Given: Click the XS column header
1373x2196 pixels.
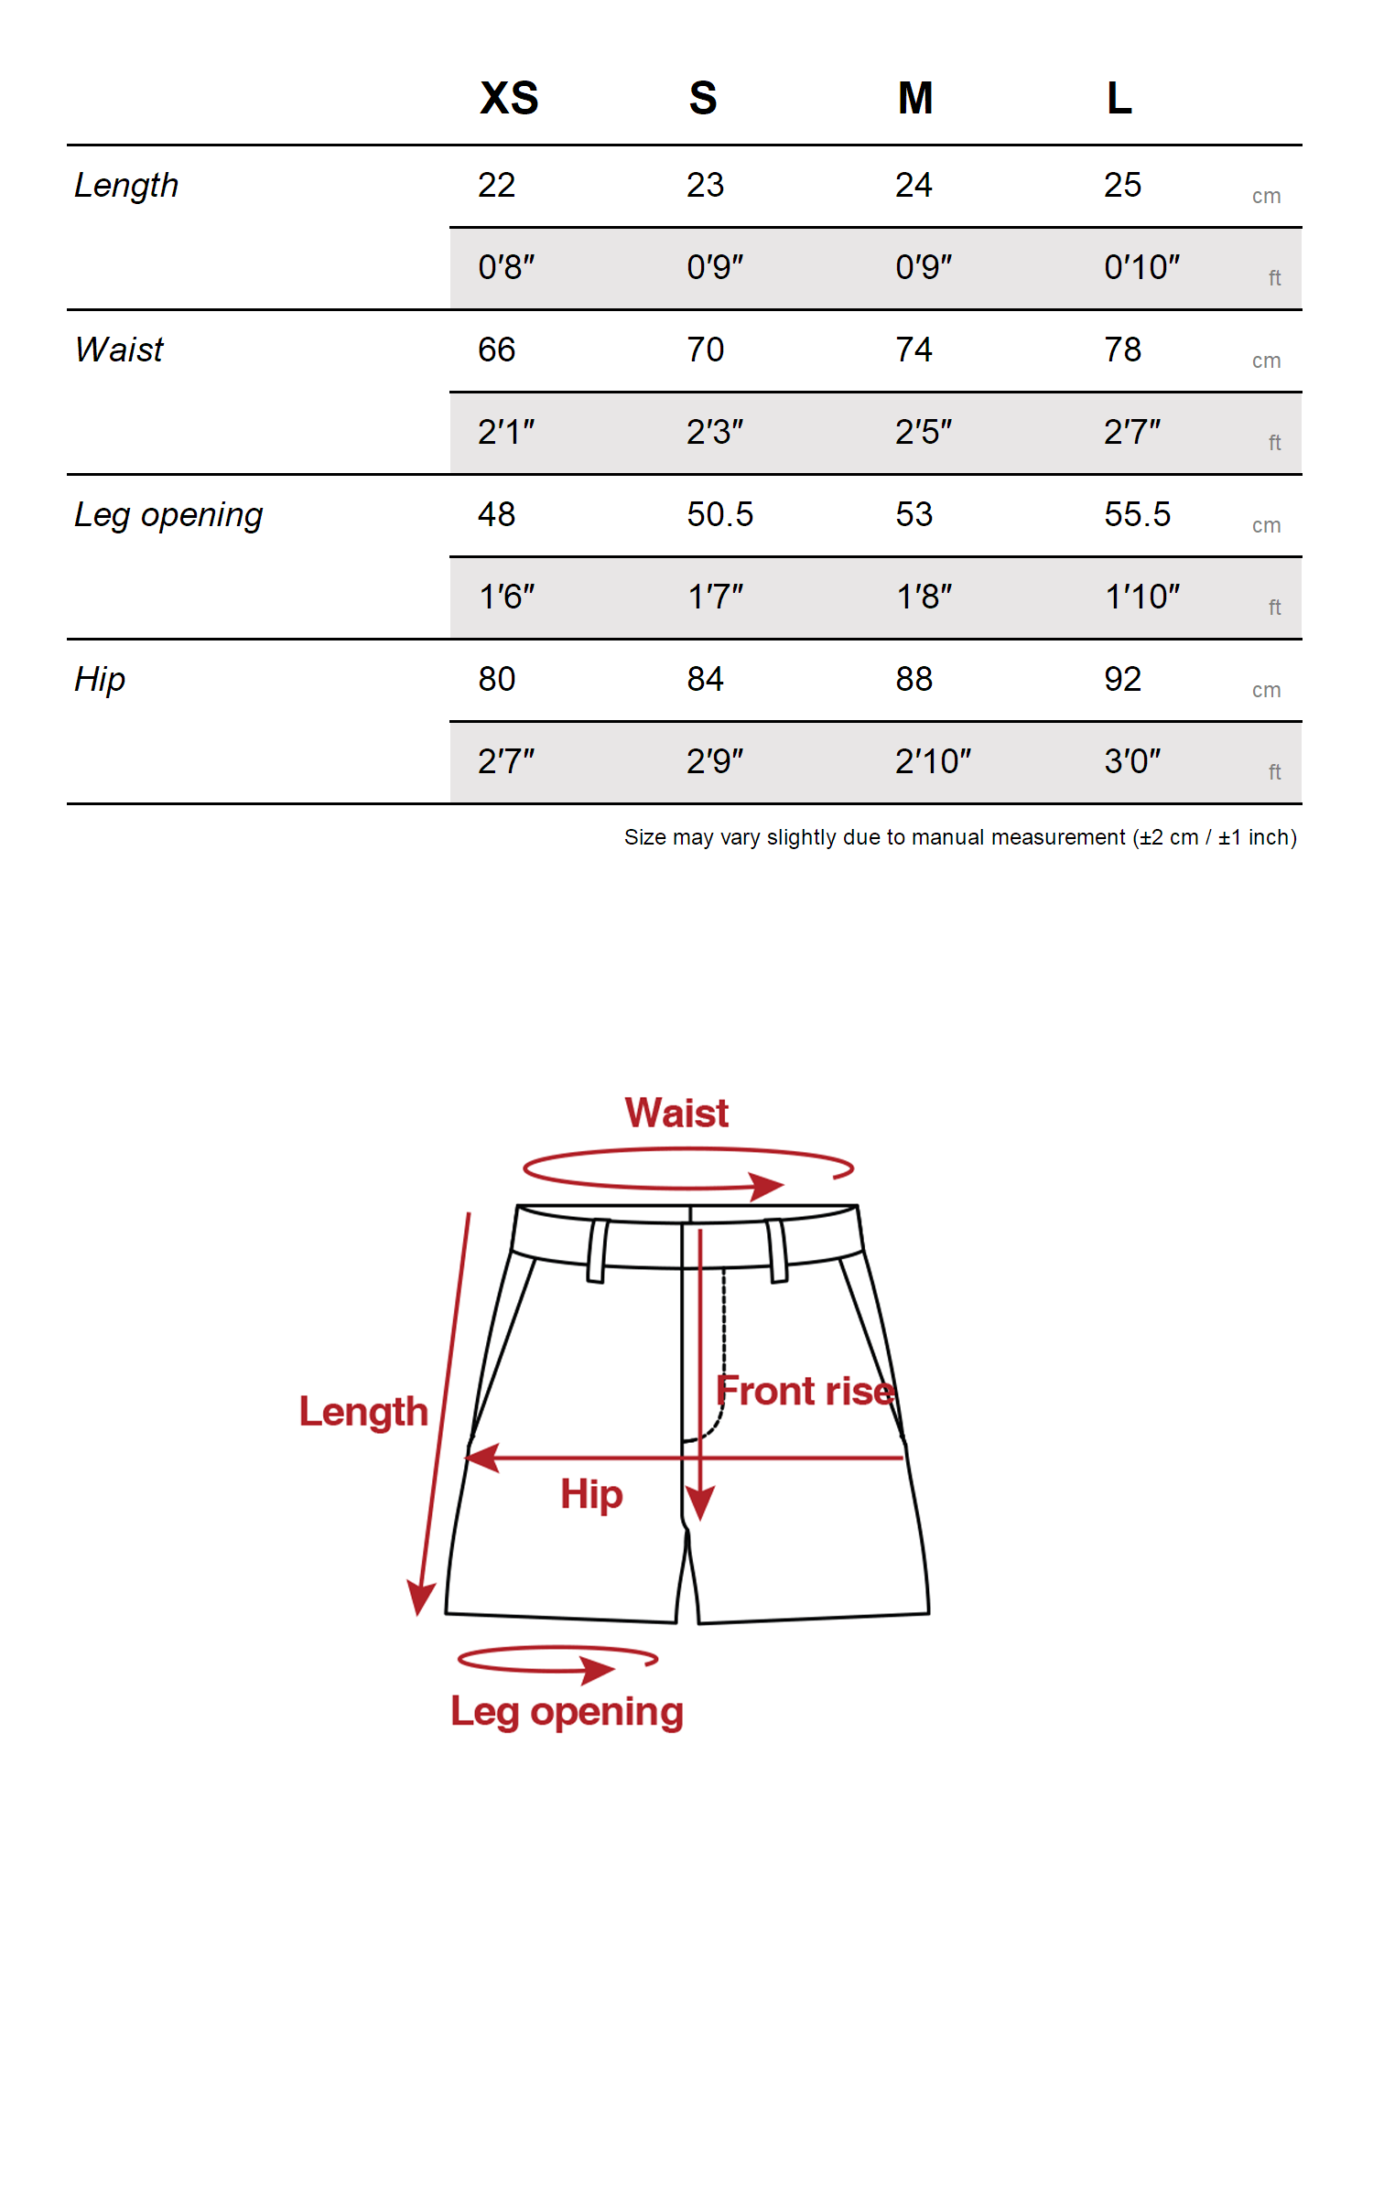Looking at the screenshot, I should point(509,98).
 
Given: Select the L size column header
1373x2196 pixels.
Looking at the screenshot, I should point(1119,98).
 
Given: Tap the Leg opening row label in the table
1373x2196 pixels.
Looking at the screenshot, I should point(168,515).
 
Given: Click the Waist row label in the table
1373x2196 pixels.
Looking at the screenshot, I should point(119,350).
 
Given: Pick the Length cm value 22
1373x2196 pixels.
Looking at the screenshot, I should point(496,185).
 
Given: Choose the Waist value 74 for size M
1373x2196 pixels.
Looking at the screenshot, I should point(914,350).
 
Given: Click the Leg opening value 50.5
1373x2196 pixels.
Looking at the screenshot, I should point(719,514).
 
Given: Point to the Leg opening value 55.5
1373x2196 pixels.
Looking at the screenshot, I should point(1137,514).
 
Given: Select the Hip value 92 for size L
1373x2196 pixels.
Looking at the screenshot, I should point(1122,679).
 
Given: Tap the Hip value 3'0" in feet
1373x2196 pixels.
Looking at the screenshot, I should point(1131,761).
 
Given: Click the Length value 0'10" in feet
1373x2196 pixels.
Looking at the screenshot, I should point(1141,267).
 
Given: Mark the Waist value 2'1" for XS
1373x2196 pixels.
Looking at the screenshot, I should point(505,432).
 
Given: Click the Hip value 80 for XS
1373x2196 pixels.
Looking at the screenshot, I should point(496,679).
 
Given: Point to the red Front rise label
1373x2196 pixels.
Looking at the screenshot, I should point(805,1391).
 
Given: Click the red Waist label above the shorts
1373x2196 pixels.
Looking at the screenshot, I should point(676,1113).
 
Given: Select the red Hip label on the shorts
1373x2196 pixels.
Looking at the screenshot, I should point(591,1495).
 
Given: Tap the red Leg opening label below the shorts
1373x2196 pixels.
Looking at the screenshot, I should point(567,1711).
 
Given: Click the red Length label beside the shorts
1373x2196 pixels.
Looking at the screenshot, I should point(363,1412).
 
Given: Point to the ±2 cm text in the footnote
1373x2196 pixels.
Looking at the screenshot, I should point(1169,837).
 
